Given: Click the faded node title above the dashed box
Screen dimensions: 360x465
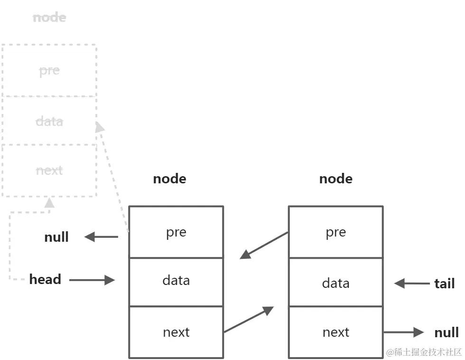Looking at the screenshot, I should point(49,18).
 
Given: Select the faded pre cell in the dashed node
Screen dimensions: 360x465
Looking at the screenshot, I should point(49,70).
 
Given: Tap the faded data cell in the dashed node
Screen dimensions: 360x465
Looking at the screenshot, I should point(49,121).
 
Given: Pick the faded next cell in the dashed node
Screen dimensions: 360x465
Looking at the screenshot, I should point(49,170).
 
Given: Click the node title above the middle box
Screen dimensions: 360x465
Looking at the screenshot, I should point(169,179).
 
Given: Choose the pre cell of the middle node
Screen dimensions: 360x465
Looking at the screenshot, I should point(176,232).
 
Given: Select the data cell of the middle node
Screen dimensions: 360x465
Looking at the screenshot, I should point(176,280).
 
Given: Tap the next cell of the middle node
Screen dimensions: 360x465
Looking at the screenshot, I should point(176,332).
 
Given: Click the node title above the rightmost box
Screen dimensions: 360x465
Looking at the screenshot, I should point(335,179).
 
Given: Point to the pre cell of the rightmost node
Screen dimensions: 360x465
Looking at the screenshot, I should point(335,232).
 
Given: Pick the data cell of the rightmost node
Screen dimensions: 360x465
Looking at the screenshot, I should point(335,283).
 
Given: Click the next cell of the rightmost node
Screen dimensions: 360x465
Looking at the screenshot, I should point(335,332).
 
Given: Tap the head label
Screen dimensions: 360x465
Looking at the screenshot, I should point(45,279).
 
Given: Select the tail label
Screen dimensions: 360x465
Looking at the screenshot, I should point(445,284).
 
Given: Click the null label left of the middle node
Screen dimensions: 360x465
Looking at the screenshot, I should point(56,237).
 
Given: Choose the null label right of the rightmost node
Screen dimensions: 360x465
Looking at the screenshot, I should point(446,332).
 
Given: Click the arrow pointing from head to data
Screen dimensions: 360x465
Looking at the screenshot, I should point(92,280).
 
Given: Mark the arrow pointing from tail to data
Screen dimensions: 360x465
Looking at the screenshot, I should point(412,284).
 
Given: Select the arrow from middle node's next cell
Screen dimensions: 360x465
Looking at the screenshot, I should point(249,319).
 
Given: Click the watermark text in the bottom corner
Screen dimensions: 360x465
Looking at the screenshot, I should point(424,352).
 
